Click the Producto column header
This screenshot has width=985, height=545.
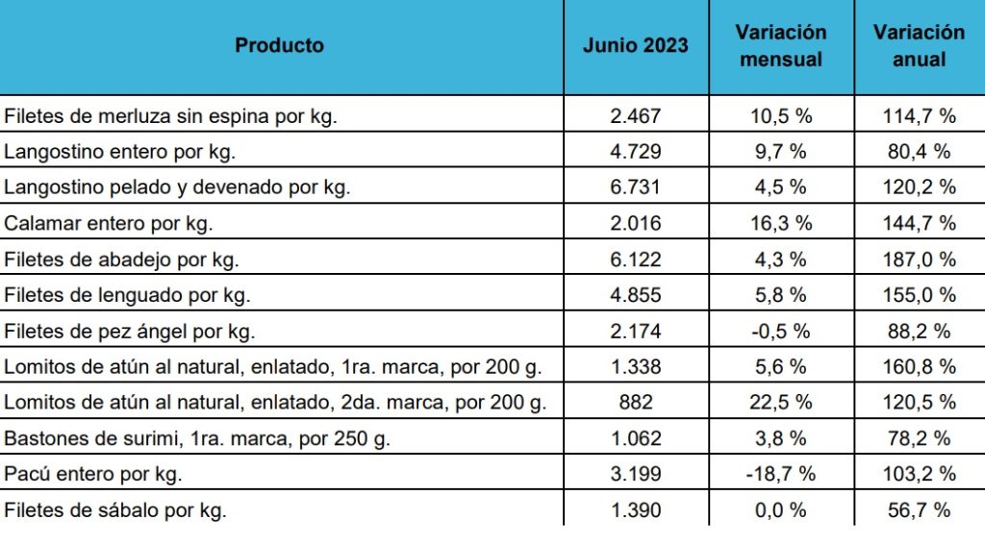(x=280, y=45)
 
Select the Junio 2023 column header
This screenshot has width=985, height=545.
(x=636, y=45)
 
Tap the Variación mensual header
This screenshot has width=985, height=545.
(x=781, y=45)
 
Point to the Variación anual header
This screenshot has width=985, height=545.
(x=919, y=45)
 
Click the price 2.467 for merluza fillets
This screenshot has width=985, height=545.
(x=636, y=116)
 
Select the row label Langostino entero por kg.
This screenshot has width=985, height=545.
(x=120, y=152)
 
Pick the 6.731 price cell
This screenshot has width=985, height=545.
(x=636, y=187)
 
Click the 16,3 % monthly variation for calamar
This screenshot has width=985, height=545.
(x=781, y=223)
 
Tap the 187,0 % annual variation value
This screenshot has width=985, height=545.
(x=919, y=260)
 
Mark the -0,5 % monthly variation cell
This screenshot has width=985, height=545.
(x=781, y=331)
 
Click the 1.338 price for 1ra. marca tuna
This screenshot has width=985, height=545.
(x=636, y=366)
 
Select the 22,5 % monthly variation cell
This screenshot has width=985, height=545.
(x=781, y=403)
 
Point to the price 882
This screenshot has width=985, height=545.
(x=636, y=403)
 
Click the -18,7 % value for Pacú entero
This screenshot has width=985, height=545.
(x=781, y=474)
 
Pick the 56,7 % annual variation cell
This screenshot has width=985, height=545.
(x=919, y=509)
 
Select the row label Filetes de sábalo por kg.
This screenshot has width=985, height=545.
(x=115, y=509)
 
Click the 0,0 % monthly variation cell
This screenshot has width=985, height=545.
(x=781, y=509)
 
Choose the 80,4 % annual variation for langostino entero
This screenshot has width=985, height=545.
(x=919, y=152)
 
